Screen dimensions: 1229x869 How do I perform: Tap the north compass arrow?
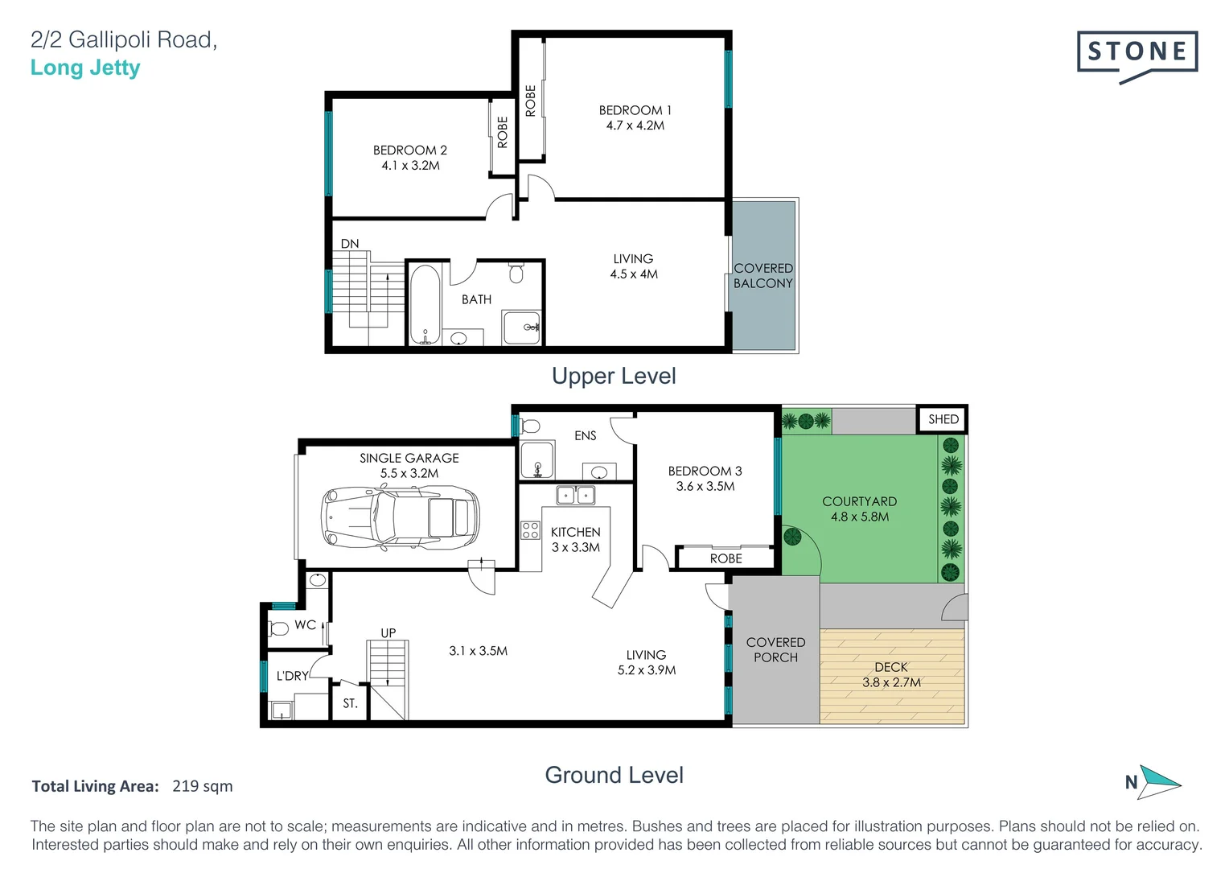(1159, 782)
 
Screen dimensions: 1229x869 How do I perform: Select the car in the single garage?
(400, 517)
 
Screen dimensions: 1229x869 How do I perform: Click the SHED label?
(943, 419)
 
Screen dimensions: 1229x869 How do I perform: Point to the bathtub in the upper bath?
(425, 305)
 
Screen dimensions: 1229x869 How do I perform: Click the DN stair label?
(350, 243)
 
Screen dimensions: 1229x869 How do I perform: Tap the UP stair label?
(388, 633)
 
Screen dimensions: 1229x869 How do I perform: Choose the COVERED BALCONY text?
(763, 275)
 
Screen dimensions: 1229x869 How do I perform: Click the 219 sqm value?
(203, 786)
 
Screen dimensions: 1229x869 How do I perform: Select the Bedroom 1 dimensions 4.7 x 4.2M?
(635, 126)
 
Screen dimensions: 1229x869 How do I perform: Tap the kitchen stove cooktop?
(530, 530)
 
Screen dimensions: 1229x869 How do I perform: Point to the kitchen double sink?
(575, 495)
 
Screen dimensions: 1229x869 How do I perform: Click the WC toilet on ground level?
(278, 628)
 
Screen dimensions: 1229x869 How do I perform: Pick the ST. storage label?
(350, 703)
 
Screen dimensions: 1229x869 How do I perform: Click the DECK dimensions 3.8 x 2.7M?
(891, 682)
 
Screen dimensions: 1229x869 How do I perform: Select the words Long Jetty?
(85, 68)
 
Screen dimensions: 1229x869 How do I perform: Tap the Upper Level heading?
(614, 376)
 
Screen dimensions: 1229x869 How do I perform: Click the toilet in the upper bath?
(516, 273)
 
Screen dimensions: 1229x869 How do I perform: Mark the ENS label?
(585, 436)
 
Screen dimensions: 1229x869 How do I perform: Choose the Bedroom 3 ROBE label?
(725, 559)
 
